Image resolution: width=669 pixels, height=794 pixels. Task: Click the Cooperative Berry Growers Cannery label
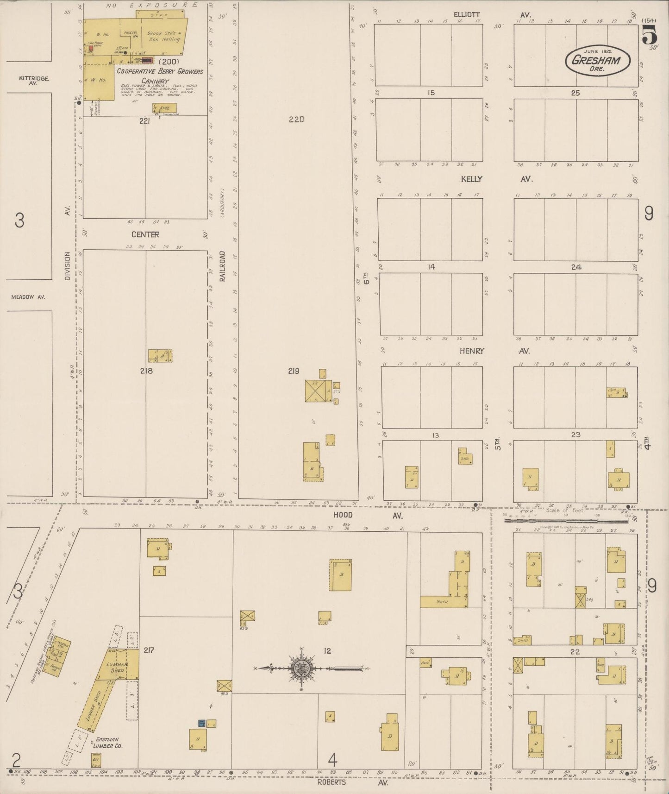(160, 76)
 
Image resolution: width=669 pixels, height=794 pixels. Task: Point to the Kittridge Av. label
(34, 81)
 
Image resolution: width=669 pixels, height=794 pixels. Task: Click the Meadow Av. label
(28, 297)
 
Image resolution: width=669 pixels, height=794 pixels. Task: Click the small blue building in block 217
(201, 723)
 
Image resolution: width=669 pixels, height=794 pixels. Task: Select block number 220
(296, 120)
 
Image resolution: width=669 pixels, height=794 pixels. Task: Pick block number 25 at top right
(575, 93)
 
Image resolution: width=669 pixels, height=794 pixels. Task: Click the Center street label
(145, 234)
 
